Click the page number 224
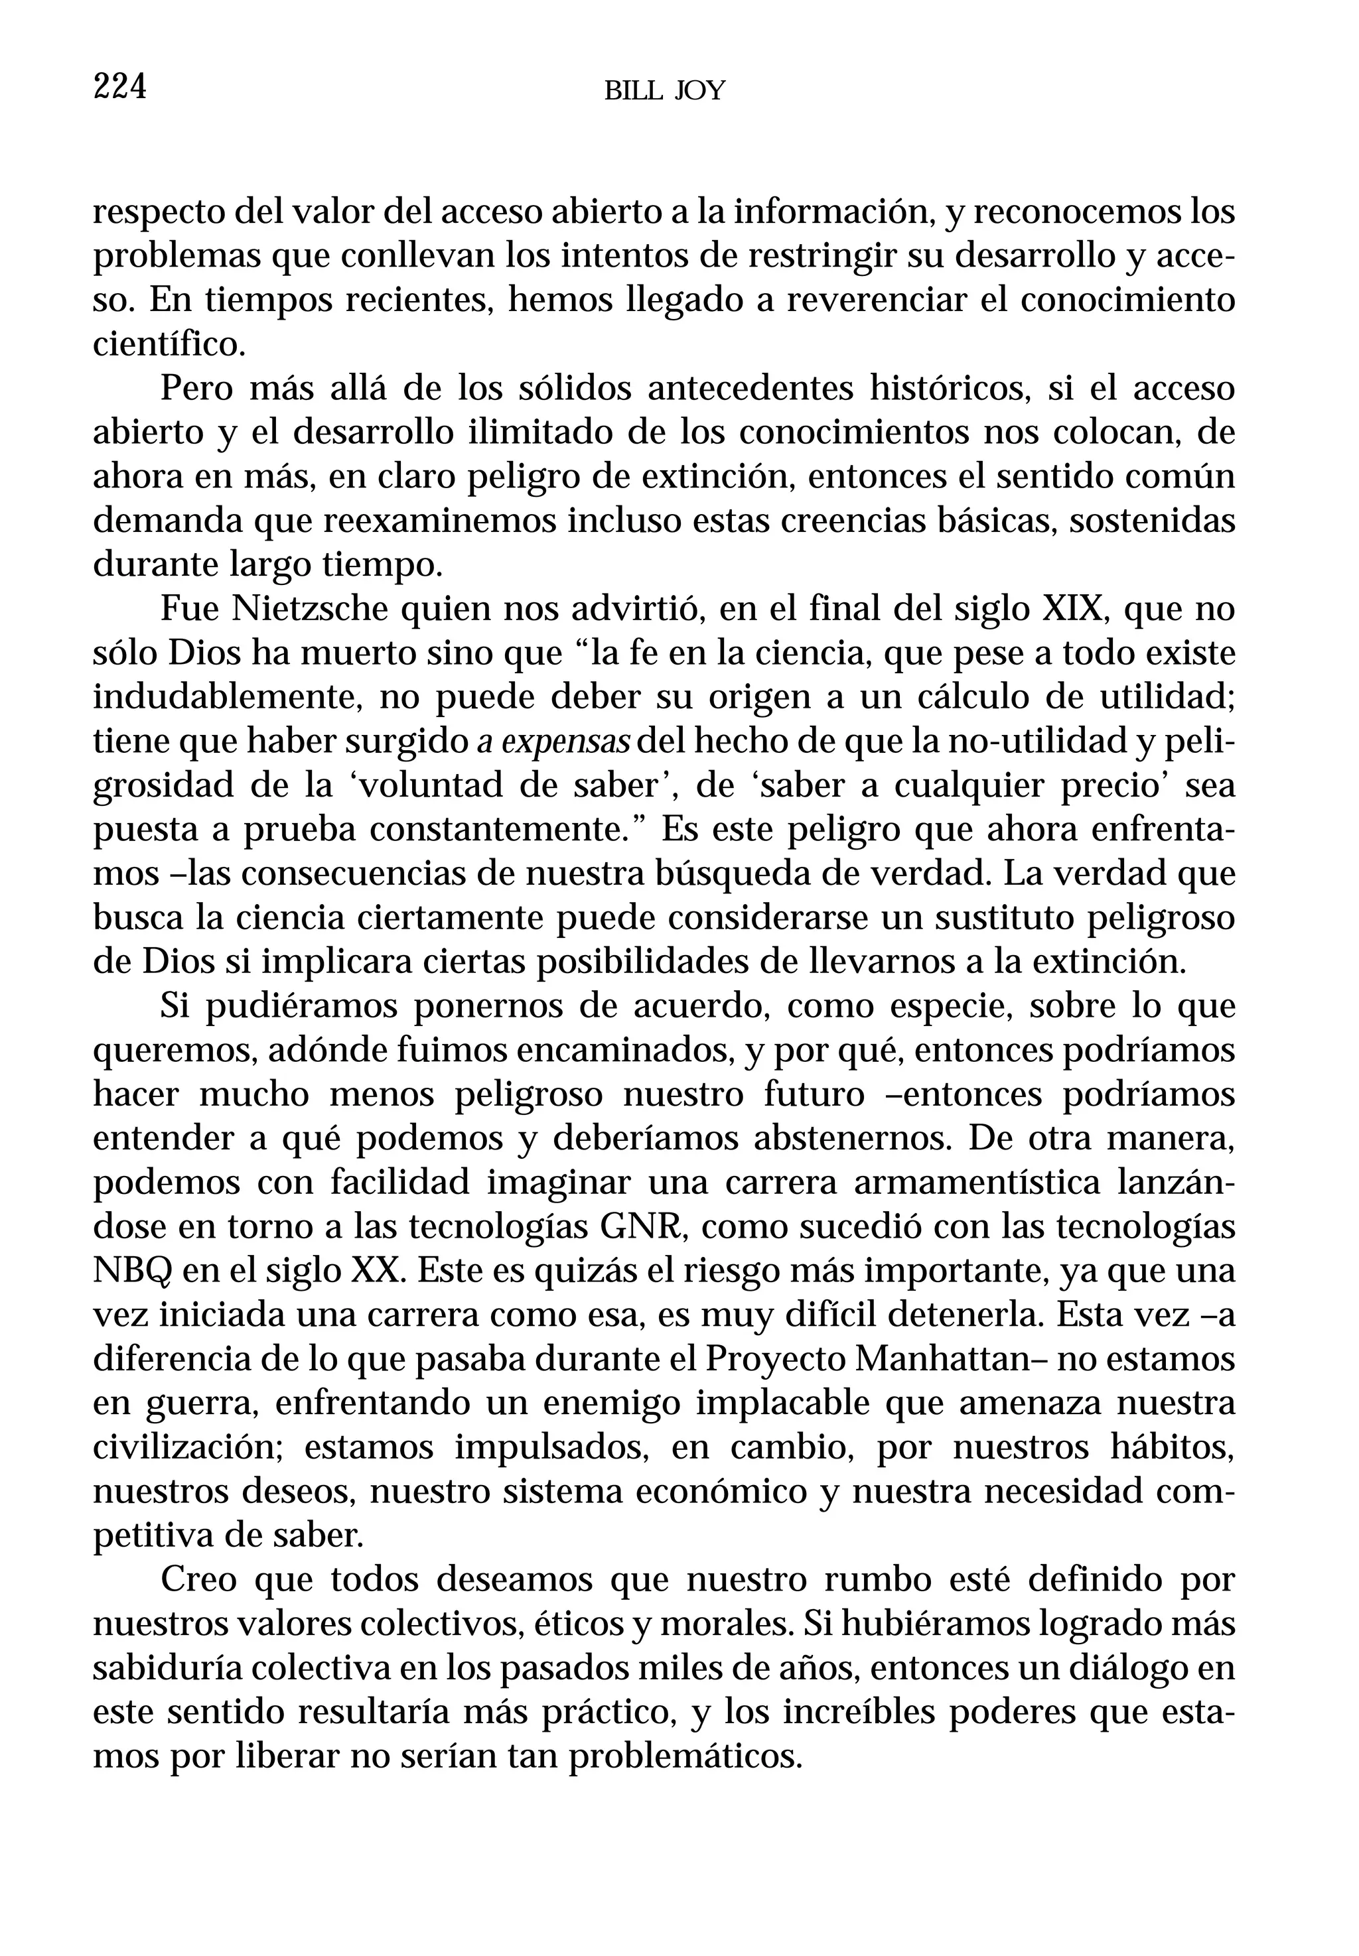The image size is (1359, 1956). [119, 88]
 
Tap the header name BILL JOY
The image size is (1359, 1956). [664, 91]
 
